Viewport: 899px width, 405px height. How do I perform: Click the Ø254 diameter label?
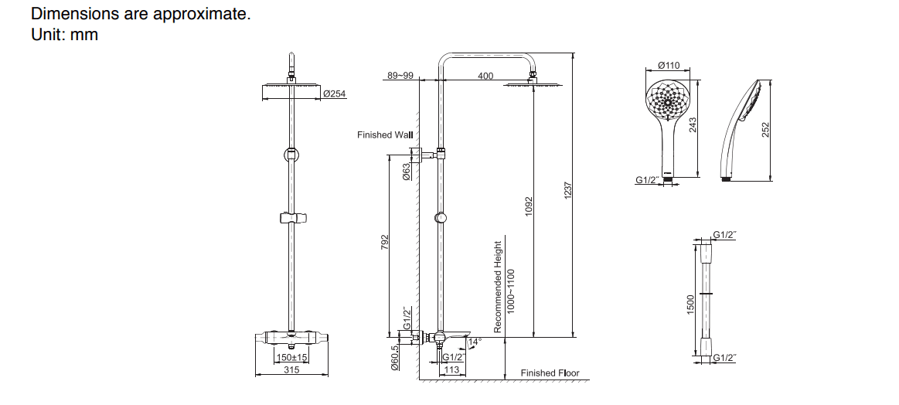[x=335, y=94]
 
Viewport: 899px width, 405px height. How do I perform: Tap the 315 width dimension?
[x=291, y=370]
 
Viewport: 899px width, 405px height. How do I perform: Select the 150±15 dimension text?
[x=292, y=357]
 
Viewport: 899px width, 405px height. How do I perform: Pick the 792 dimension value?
[x=385, y=243]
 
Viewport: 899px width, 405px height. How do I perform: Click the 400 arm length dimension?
[x=485, y=76]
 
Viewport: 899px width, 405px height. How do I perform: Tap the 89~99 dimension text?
[x=400, y=76]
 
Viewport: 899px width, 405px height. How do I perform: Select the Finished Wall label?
[x=385, y=134]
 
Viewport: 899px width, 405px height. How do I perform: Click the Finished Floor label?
[x=550, y=373]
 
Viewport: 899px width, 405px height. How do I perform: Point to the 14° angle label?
[x=475, y=341]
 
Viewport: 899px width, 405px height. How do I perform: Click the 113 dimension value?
[x=451, y=370]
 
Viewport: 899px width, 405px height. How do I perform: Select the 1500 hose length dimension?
[x=691, y=304]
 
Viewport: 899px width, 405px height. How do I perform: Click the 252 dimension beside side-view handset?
[x=766, y=130]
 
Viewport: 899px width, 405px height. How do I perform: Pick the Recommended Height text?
[x=498, y=287]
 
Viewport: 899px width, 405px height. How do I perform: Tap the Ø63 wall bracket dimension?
[x=407, y=171]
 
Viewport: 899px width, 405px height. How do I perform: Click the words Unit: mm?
[x=64, y=35]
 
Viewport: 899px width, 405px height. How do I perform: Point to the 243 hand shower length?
[x=693, y=124]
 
